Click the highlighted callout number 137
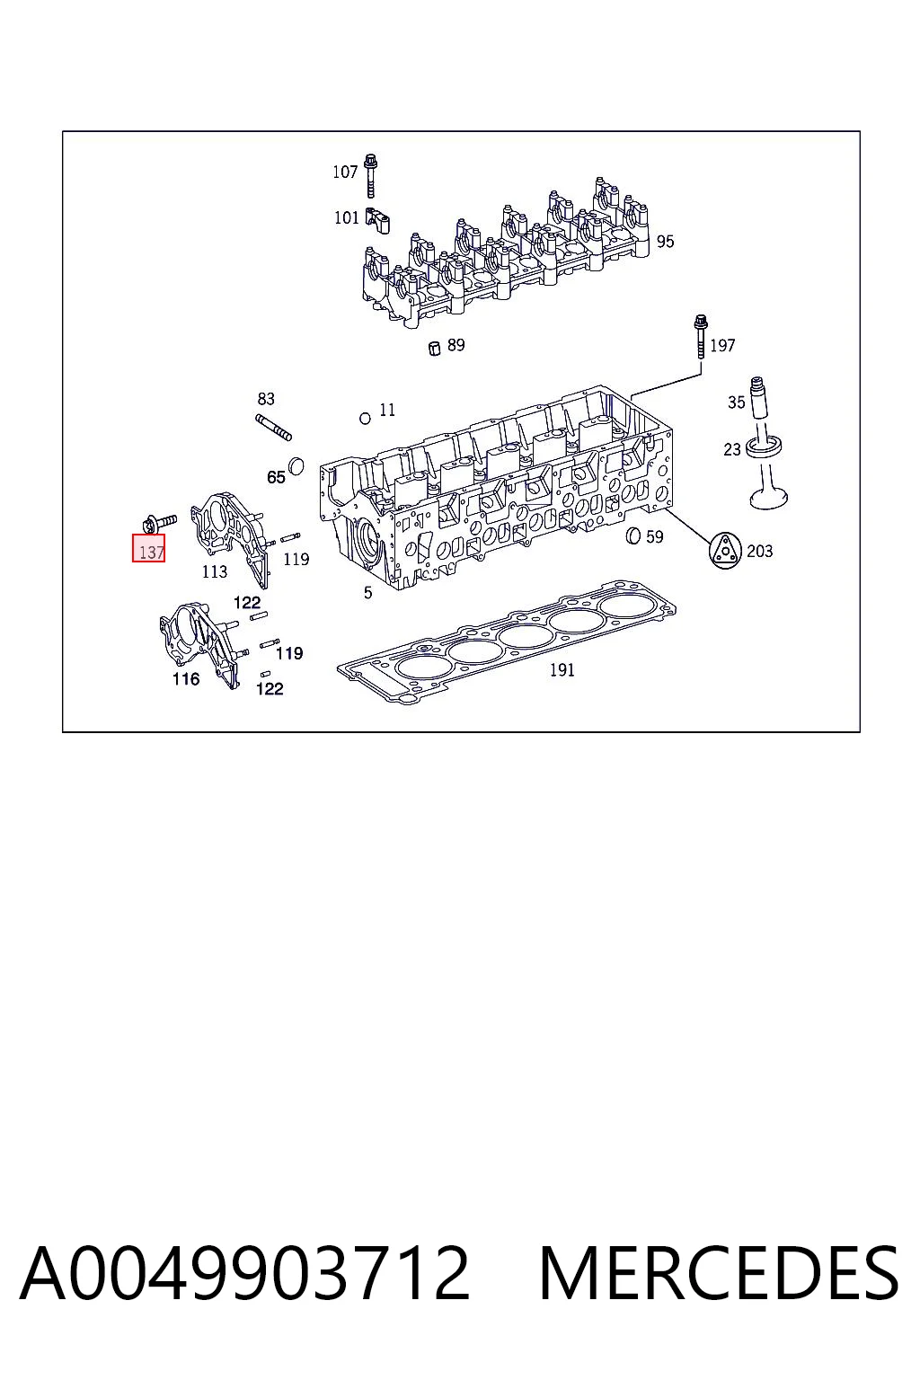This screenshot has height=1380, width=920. [148, 548]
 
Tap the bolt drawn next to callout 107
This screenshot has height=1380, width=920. [370, 175]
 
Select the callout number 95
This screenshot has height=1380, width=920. [665, 242]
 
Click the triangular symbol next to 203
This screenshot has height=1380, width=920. [725, 550]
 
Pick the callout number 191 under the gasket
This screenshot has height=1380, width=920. [562, 669]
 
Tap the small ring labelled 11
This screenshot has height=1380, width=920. [365, 419]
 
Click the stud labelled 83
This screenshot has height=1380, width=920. [274, 428]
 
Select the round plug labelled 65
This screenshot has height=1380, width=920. [296, 466]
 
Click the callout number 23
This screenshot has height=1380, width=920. [731, 450]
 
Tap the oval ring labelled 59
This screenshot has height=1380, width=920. [632, 536]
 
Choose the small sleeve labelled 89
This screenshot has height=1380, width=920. [435, 348]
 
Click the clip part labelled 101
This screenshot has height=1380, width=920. [377, 220]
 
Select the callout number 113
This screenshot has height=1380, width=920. [215, 571]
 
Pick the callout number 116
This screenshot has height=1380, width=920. [185, 679]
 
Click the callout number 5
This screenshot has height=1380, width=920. [367, 593]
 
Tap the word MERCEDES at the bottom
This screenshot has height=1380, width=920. [719, 1274]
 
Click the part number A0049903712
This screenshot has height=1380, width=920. [244, 1274]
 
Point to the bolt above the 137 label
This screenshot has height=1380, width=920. [158, 524]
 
